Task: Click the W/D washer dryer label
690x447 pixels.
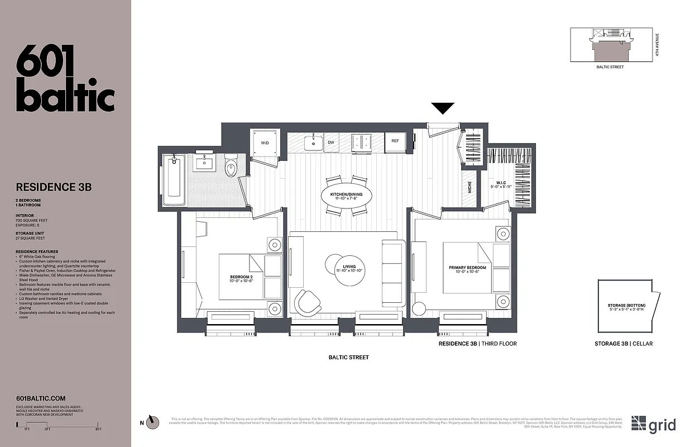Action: (x=265, y=142)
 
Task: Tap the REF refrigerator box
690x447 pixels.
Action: (x=395, y=141)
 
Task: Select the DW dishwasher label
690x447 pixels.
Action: (x=331, y=142)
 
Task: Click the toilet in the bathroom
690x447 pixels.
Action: (x=231, y=166)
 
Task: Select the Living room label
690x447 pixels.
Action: (x=349, y=269)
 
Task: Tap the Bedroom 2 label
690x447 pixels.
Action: (x=241, y=279)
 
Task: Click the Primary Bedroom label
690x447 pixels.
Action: (x=467, y=270)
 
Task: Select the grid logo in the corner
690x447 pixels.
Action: (x=653, y=424)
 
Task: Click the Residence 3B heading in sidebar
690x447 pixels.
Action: (x=54, y=187)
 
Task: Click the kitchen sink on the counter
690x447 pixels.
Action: (x=314, y=143)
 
